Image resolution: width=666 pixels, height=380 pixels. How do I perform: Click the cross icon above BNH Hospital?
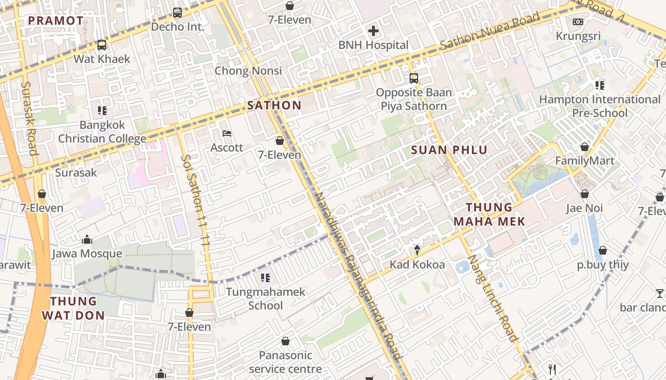click(x=373, y=31)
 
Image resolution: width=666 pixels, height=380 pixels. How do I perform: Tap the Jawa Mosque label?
click(x=87, y=254)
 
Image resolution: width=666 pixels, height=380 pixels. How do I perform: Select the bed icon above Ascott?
click(x=227, y=133)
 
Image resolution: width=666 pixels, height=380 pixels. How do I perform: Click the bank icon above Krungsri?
click(x=578, y=22)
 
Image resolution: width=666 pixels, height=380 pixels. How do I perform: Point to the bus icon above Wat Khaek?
click(x=101, y=45)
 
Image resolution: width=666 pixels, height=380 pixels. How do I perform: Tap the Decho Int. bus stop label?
click(x=177, y=27)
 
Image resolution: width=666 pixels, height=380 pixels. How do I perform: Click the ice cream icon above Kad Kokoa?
click(x=417, y=250)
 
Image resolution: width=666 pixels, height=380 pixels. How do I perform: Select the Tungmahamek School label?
click(x=265, y=298)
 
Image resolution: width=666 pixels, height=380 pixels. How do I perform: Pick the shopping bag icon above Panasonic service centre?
click(x=285, y=341)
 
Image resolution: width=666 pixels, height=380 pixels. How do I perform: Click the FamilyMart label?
click(x=585, y=161)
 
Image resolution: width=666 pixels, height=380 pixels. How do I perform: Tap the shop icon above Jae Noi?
click(x=585, y=194)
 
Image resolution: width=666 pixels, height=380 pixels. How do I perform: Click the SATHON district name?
click(x=274, y=105)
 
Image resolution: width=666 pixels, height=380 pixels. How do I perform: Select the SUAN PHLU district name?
click(x=449, y=151)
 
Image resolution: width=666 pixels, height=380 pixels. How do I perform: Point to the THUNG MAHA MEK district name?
click(x=489, y=214)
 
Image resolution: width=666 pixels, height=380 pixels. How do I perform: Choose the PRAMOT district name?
click(x=56, y=20)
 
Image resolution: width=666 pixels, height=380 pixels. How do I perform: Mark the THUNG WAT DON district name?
click(x=73, y=308)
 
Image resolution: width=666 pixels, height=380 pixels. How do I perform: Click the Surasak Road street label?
click(x=29, y=118)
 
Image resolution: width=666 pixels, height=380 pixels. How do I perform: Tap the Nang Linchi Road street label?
click(x=492, y=298)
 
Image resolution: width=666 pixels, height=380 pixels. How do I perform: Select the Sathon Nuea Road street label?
click(x=490, y=31)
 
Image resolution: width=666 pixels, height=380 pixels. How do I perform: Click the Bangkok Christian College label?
click(x=102, y=132)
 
